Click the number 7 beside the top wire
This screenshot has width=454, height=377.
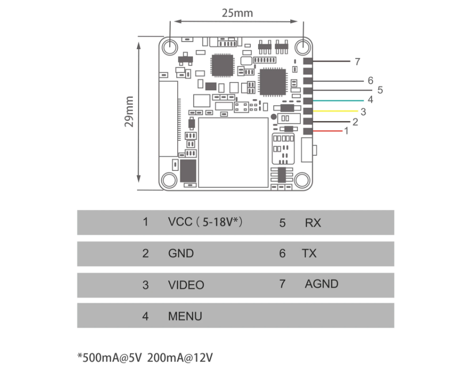point(357,62)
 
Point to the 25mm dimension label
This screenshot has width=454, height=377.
point(238,13)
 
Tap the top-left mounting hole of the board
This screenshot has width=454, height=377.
point(170,47)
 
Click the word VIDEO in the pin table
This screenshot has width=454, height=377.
point(186,285)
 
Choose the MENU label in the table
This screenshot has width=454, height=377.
point(185,316)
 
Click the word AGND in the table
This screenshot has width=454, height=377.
point(321,284)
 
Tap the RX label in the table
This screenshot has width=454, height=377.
point(312,223)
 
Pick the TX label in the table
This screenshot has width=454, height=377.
point(309,254)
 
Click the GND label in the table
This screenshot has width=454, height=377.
point(181,254)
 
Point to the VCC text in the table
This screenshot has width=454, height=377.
point(180,222)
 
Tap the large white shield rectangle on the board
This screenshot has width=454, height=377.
point(234,152)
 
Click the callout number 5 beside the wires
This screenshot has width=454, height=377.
point(380,90)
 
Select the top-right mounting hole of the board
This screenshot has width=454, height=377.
point(302,47)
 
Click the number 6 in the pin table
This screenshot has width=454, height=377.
point(282,254)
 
